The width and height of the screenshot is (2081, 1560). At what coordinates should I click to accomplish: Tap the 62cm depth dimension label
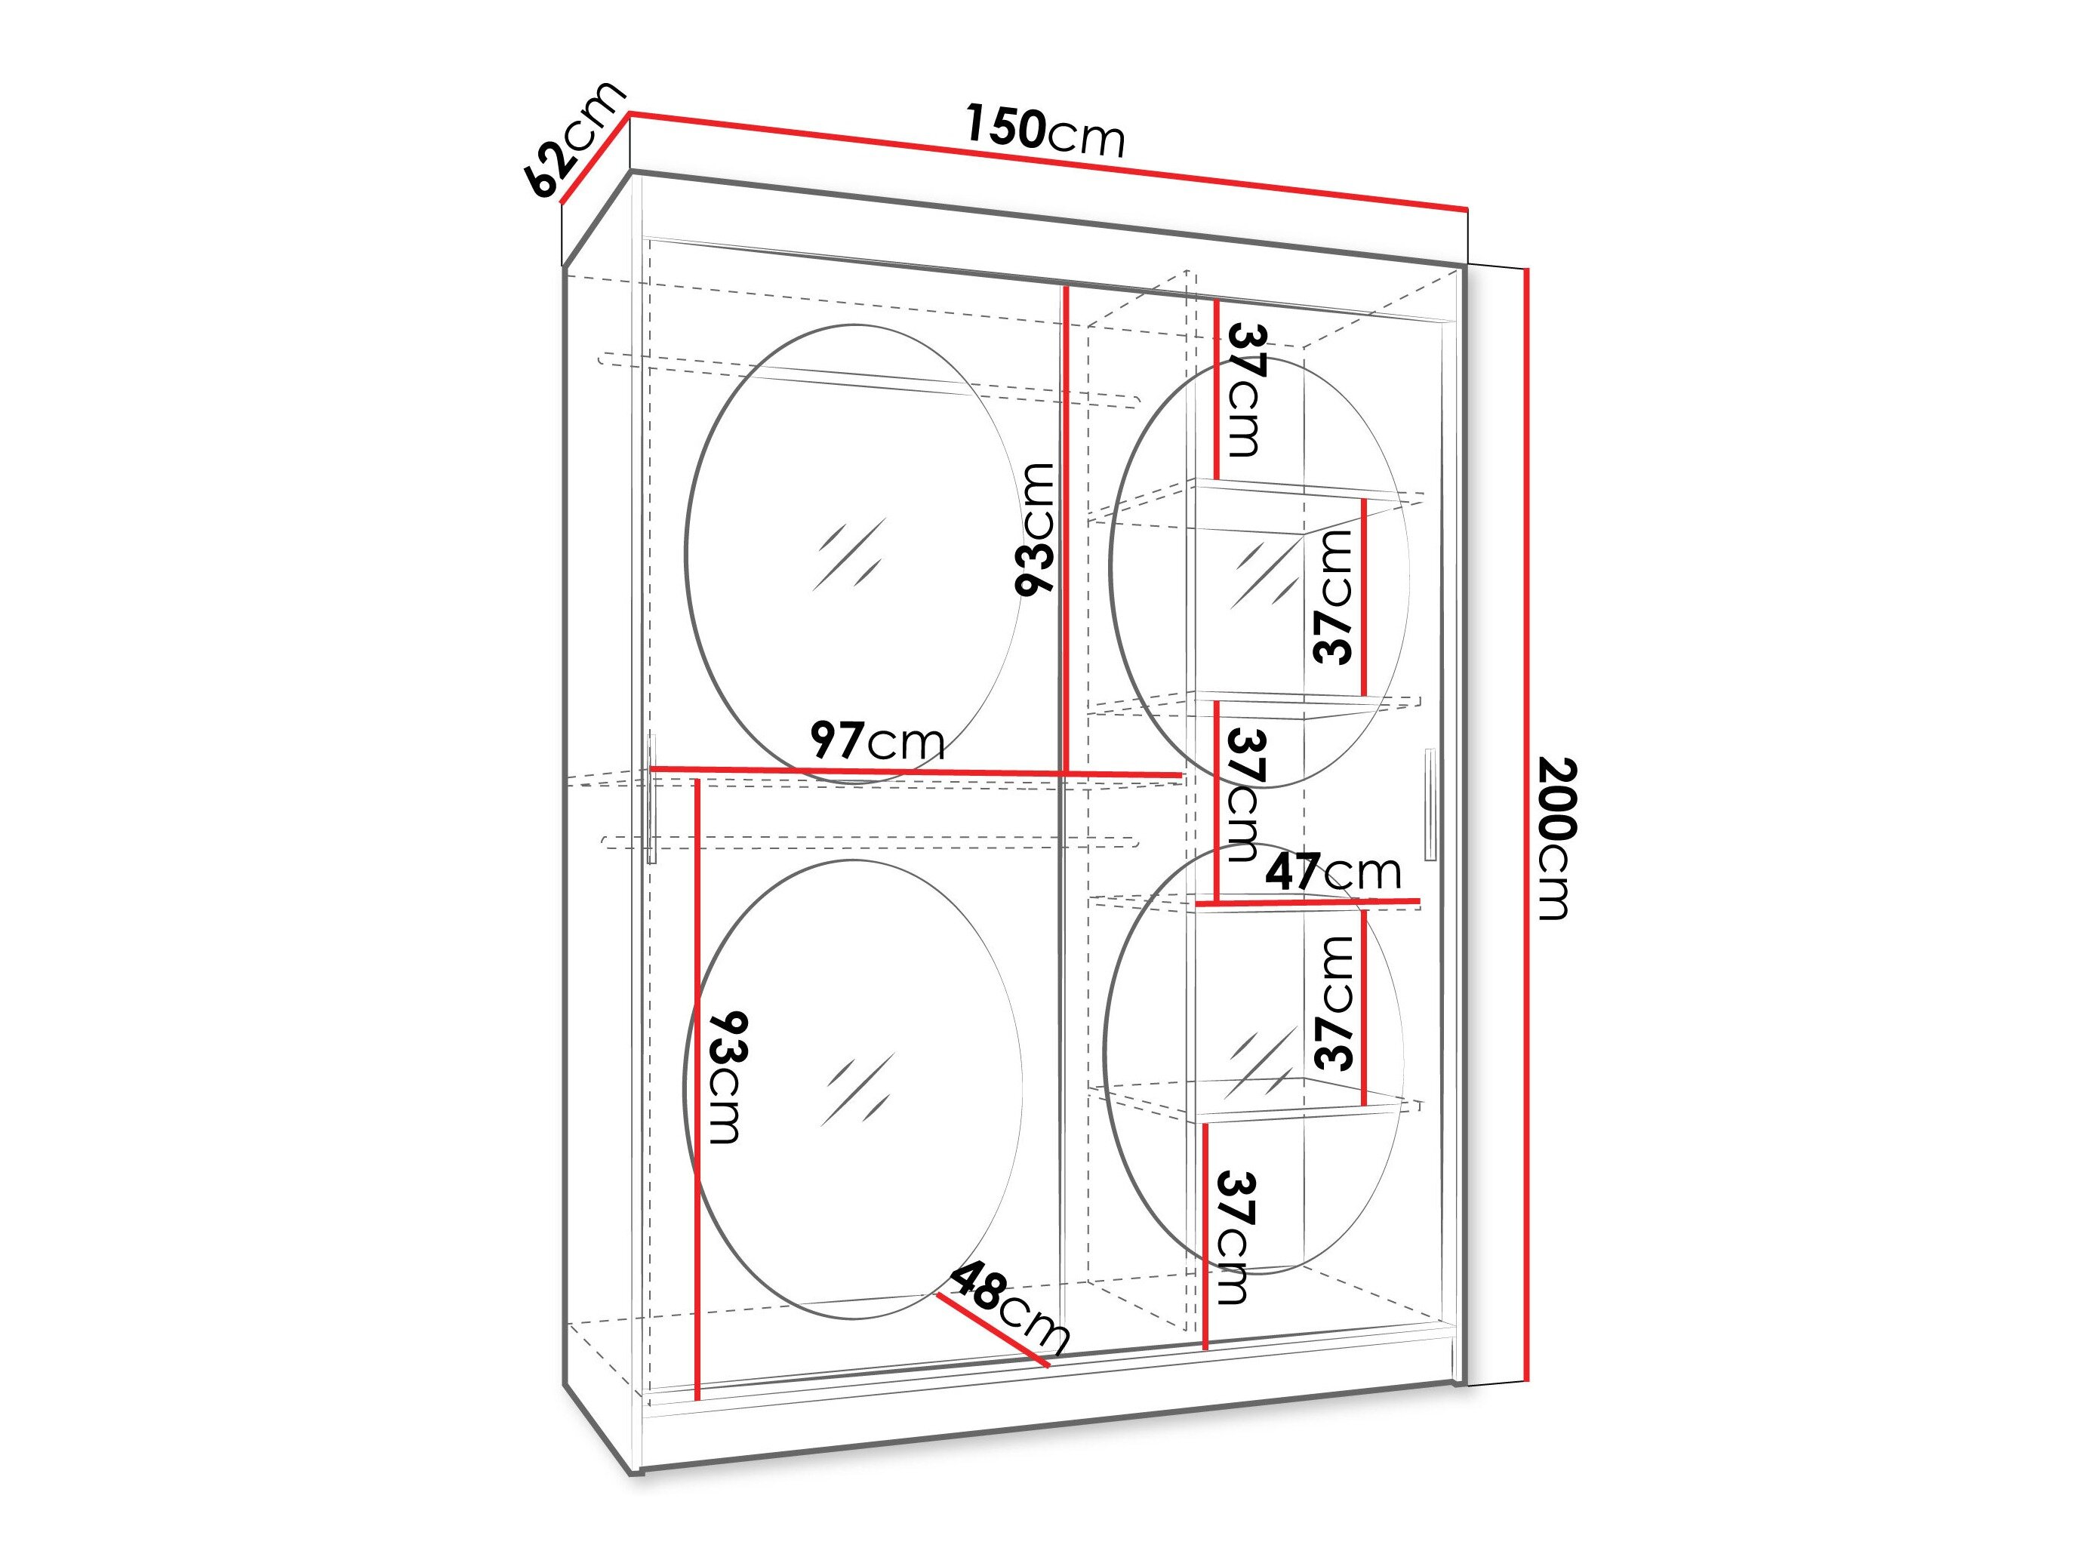576,140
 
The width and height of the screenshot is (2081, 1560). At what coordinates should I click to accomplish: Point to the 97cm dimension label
878,740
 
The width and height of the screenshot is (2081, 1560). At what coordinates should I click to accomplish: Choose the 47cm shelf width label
1333,872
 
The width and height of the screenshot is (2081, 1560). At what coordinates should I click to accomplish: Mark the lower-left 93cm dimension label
726,1077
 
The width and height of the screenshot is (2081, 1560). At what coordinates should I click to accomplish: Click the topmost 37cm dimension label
1245,389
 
